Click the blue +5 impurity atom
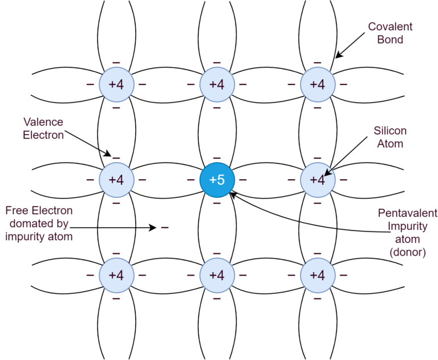pyautogui.click(x=217, y=180)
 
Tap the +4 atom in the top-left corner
pyautogui.click(x=116, y=84)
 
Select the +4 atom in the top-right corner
pyautogui.click(x=317, y=84)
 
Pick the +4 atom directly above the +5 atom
pyautogui.click(x=217, y=84)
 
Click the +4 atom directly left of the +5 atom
pyautogui.click(x=116, y=180)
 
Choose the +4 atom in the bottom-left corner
pyautogui.click(x=116, y=275)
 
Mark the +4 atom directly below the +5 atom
pyautogui.click(x=217, y=275)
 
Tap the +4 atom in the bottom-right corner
pyautogui.click(x=317, y=275)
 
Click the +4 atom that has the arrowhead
pyautogui.click(x=317, y=180)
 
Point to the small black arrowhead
pyautogui.click(x=327, y=172)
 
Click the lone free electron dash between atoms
pyautogui.click(x=165, y=228)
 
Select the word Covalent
pyautogui.click(x=390, y=27)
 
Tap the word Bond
pyautogui.click(x=390, y=40)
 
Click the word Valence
pyautogui.click(x=43, y=122)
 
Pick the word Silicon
pyautogui.click(x=390, y=131)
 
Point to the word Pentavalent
pyautogui.click(x=407, y=213)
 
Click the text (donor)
pyautogui.click(x=407, y=252)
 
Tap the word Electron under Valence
pyautogui.click(x=43, y=135)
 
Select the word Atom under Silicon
pyautogui.click(x=390, y=144)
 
